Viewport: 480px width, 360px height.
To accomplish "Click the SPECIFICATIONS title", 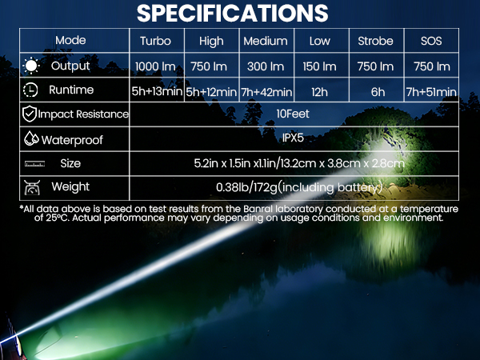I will pos(232,13).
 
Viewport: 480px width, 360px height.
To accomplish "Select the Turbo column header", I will pos(155,41).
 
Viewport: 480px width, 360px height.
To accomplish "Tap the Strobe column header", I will pos(376,41).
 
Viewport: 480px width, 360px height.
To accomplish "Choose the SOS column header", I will pos(430,41).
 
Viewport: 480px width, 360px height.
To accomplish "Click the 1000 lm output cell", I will pos(155,66).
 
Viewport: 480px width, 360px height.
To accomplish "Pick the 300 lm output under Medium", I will pos(265,66).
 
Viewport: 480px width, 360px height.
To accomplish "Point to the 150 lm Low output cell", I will pos(320,66).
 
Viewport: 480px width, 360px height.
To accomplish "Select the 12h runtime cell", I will pos(320,91).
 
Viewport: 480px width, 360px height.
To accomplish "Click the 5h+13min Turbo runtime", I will pos(155,91).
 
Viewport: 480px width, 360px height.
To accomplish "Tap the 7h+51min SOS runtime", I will pos(430,91).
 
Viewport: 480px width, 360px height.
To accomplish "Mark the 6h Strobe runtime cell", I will pos(376,91).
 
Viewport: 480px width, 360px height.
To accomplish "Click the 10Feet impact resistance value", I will pos(293,114).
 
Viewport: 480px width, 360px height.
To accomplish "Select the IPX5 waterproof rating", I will pos(293,138).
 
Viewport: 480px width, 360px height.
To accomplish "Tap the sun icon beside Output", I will pos(31,66).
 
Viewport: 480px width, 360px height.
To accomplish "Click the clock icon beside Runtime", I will pos(31,90).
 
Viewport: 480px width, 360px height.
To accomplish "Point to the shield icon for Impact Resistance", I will pos(29,114).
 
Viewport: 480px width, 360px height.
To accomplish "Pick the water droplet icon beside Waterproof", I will pos(31,139).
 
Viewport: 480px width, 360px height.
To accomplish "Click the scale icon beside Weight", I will pos(33,188).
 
